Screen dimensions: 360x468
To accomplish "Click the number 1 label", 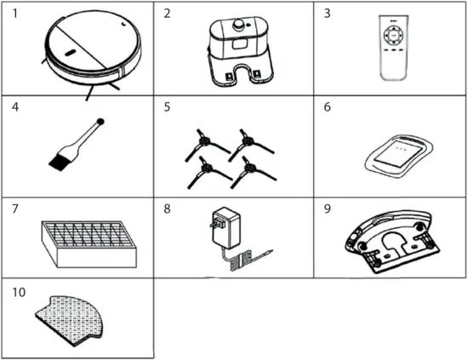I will coord(12,14).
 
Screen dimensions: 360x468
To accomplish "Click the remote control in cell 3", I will coord(393,51).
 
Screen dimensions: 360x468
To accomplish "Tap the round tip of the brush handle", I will coord(100,121).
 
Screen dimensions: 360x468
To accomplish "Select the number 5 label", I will coord(168,108).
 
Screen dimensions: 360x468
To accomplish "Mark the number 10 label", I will coord(15,291).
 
